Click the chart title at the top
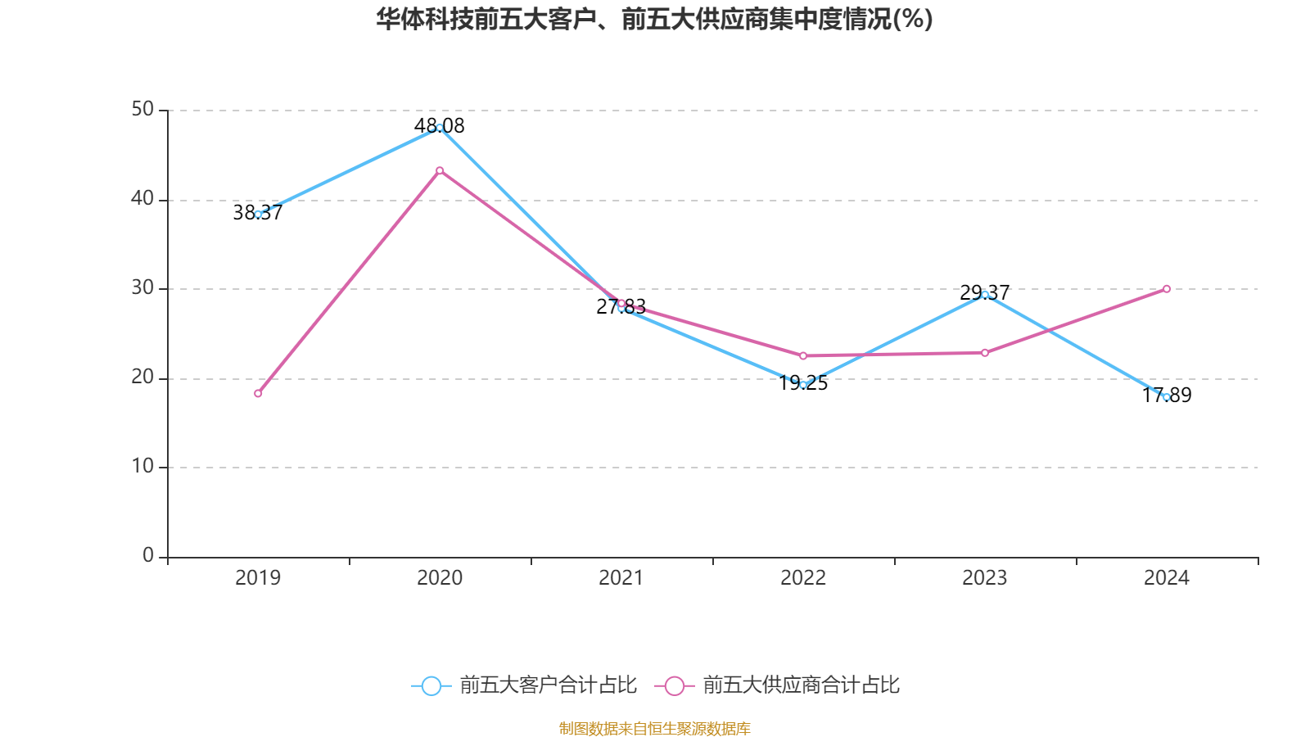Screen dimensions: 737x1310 point(654,19)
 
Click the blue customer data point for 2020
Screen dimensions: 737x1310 point(440,128)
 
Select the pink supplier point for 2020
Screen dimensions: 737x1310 point(440,170)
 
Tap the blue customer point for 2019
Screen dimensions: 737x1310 point(258,214)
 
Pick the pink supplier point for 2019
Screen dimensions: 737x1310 point(258,394)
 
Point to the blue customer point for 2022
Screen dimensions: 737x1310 point(803,385)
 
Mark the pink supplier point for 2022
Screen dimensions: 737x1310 point(803,355)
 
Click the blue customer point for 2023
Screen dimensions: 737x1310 point(985,294)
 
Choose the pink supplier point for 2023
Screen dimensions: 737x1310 point(985,353)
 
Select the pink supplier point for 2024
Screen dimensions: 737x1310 point(1167,289)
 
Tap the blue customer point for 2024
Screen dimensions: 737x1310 point(1167,397)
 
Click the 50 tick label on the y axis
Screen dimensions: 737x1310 point(142,110)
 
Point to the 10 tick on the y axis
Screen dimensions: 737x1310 point(142,467)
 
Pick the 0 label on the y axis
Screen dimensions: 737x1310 point(148,556)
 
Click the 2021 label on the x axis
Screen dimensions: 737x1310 point(621,578)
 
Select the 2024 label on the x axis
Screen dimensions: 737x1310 point(1167,578)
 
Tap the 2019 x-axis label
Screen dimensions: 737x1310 point(258,578)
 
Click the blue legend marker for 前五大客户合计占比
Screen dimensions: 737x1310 point(431,685)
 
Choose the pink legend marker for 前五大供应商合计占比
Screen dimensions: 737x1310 point(675,685)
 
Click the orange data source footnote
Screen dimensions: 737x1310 point(654,728)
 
